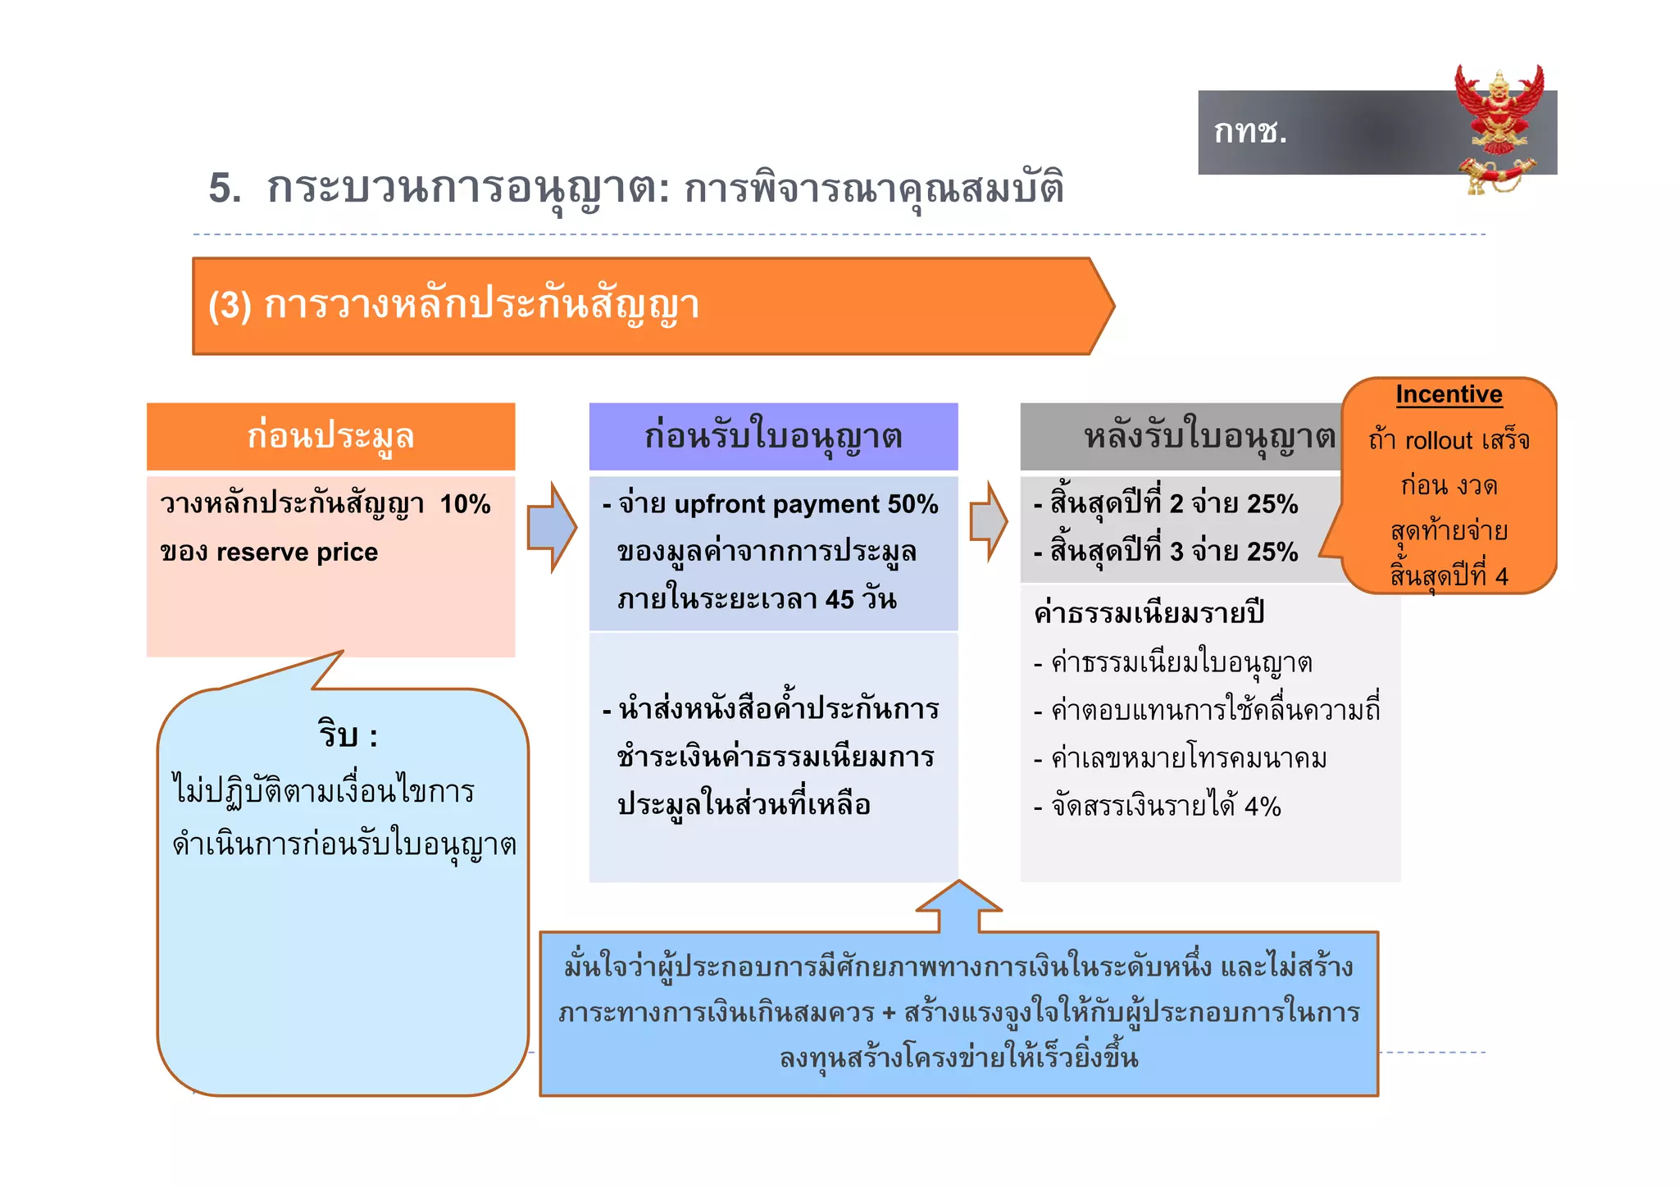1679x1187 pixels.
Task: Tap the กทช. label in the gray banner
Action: click(1250, 131)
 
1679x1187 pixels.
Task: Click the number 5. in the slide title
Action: click(225, 188)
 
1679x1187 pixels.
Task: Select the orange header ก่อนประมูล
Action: click(330, 436)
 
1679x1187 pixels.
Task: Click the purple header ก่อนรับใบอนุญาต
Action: click(773, 436)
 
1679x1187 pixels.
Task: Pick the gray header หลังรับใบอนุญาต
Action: click(1208, 436)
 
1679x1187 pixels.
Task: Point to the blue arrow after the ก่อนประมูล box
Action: click(552, 527)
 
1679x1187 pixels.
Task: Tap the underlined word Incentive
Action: click(1449, 394)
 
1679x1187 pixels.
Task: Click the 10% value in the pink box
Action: click(465, 503)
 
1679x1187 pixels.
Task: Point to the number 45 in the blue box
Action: click(839, 599)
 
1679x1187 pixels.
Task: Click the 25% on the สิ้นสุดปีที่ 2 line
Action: click(1272, 503)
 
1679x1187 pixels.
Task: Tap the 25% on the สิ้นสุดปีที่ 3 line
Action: click(1272, 551)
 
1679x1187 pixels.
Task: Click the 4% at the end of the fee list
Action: click(1263, 807)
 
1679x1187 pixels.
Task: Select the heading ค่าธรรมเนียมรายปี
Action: click(1149, 612)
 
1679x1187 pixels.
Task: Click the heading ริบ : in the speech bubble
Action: click(348, 734)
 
